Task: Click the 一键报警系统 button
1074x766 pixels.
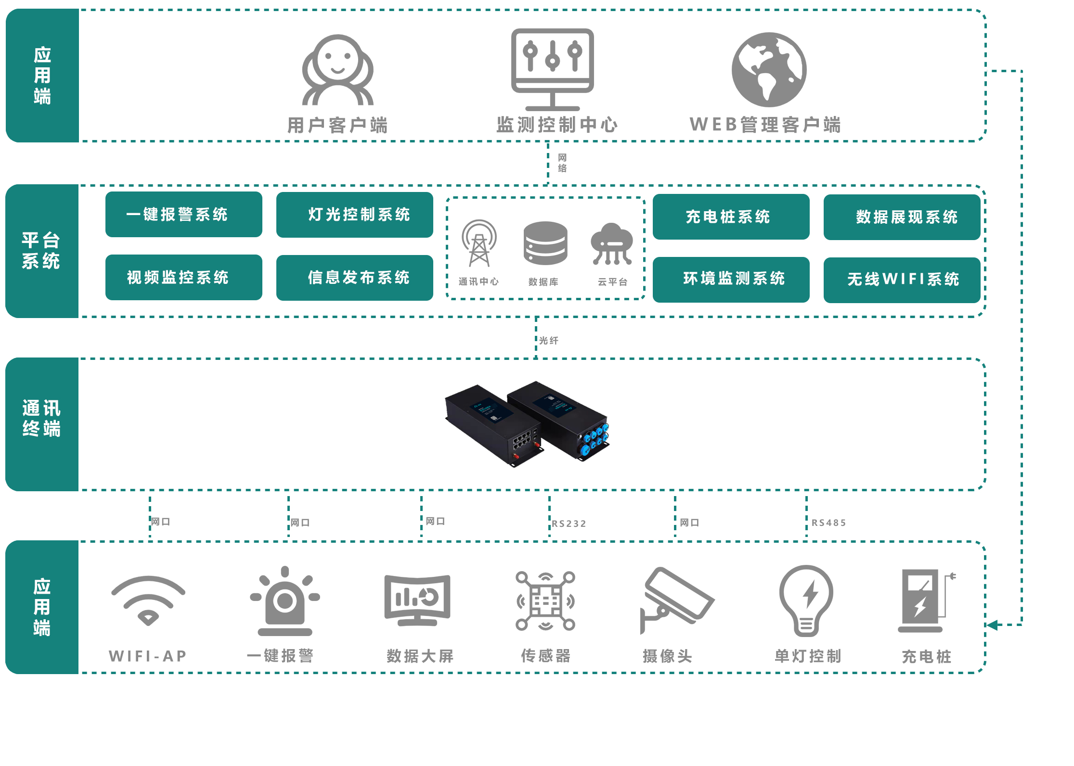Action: [x=183, y=214]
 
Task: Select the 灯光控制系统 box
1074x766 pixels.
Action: [x=354, y=215]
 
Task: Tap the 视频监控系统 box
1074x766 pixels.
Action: [x=183, y=277]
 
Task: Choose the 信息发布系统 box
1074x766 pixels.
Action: [x=354, y=278]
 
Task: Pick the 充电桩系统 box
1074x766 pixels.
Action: [x=731, y=217]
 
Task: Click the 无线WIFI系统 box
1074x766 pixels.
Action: [x=902, y=280]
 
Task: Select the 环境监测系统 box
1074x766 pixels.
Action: [x=731, y=279]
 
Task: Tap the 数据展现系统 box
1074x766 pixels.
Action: [x=902, y=217]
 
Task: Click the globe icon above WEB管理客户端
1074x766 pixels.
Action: [x=769, y=70]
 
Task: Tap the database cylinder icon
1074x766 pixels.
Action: [x=545, y=243]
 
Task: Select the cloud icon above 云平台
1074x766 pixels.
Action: [x=611, y=243]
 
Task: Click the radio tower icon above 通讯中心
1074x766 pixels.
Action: [x=479, y=243]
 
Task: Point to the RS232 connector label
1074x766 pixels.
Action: [x=569, y=523]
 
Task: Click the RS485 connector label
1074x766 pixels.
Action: [x=828, y=523]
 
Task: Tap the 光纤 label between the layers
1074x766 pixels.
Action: [x=548, y=341]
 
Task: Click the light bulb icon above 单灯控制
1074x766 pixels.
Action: [x=806, y=600]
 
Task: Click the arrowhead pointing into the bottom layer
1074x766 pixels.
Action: [x=992, y=625]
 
